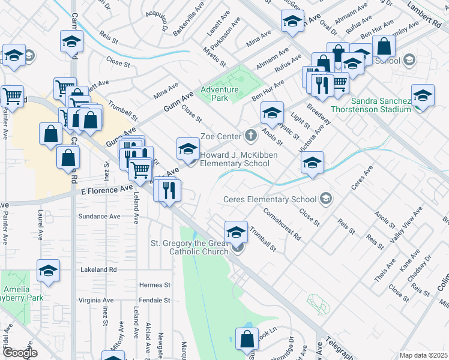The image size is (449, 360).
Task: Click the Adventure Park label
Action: [x=220, y=94]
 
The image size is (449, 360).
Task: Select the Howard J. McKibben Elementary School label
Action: [x=234, y=159]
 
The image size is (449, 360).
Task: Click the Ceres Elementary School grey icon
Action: [x=325, y=199]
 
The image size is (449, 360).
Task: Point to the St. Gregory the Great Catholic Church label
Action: [x=189, y=247]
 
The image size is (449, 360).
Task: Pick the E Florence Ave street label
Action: [x=106, y=189]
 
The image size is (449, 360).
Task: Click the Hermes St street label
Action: [x=155, y=285]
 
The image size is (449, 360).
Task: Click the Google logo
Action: [x=20, y=353]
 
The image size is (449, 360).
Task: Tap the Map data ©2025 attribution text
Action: [x=423, y=355]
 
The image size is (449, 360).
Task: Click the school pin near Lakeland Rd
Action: [x=48, y=271]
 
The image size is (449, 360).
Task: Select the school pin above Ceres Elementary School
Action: [x=312, y=163]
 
